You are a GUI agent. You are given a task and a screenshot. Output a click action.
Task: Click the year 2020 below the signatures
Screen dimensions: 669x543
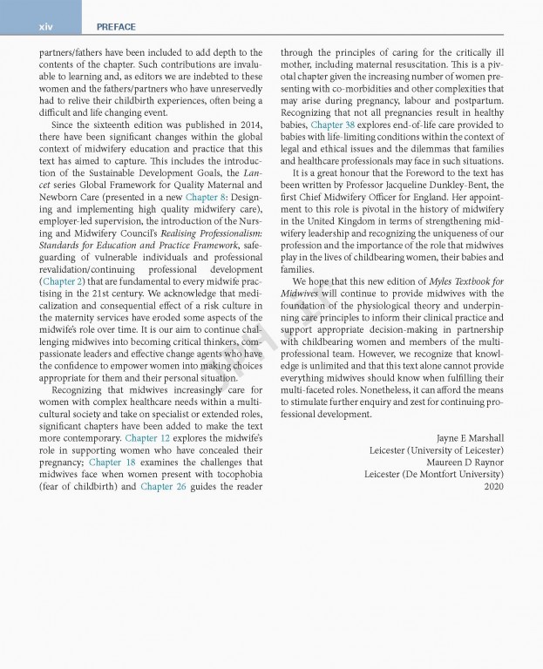click(494, 487)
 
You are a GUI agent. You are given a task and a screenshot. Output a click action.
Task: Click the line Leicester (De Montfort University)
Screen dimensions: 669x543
click(435, 475)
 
